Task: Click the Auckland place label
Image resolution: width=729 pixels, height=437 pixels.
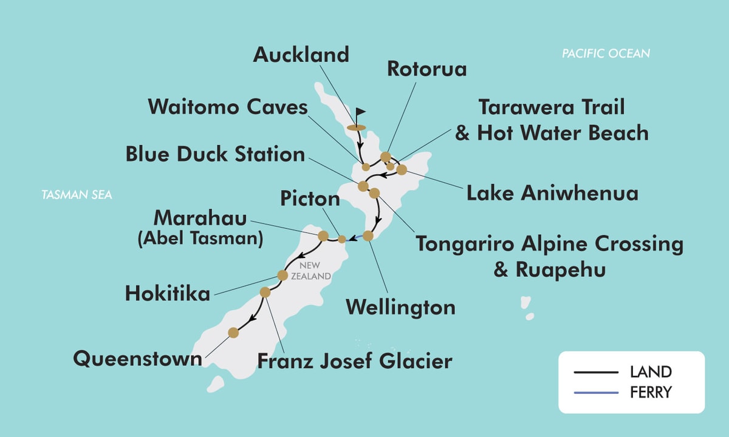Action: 301,55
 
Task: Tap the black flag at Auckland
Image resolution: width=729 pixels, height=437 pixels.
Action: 360,113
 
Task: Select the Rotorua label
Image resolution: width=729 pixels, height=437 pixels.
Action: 427,69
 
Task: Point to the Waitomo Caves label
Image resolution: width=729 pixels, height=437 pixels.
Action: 228,107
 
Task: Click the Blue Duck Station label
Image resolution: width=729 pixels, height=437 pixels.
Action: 215,154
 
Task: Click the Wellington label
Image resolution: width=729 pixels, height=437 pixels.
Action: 400,307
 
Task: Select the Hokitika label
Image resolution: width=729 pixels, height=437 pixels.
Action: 167,294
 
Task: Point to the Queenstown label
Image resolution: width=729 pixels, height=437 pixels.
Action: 138,358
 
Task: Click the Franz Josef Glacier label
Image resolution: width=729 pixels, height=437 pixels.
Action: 355,361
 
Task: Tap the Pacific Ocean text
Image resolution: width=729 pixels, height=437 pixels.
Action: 606,54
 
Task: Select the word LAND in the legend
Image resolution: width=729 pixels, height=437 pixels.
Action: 651,371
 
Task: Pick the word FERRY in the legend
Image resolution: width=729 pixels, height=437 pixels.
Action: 651,392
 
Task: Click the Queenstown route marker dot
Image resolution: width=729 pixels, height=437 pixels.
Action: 233,333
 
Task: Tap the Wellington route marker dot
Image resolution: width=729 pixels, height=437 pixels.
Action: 368,236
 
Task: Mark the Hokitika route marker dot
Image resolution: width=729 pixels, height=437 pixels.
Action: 282,276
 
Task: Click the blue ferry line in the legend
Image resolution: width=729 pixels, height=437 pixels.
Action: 595,392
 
